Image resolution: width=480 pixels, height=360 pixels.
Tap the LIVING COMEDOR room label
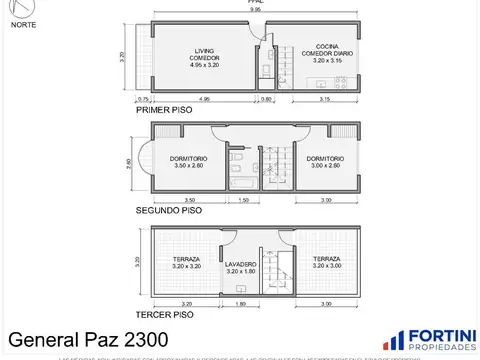204,58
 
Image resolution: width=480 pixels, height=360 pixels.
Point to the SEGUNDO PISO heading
169,211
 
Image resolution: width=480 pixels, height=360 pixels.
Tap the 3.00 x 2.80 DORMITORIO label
326,163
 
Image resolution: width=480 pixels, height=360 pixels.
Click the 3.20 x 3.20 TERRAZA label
187,262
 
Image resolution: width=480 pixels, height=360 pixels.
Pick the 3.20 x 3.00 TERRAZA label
326,262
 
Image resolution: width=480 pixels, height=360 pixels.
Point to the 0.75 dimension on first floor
144,100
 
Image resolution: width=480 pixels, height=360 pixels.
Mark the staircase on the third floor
283,265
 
